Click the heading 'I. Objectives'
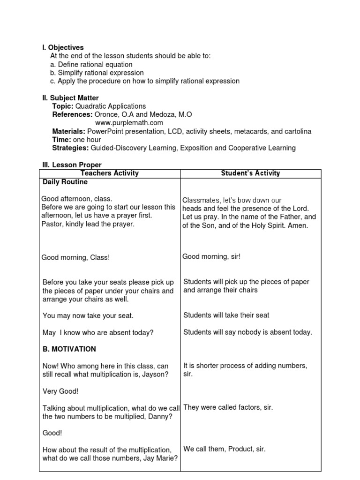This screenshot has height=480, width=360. coord(63,47)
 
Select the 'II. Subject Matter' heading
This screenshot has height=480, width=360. coord(70,98)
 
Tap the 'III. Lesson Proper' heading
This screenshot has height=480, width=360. coord(72,165)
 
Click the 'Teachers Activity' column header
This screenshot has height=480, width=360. coord(110,173)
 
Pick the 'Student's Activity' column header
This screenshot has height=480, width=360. coord(250,173)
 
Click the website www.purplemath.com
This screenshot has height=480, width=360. coord(129,123)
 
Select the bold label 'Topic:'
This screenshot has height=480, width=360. coord(63,106)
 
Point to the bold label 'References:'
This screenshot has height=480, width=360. coord(72,114)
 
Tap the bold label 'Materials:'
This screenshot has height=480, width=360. coord(68,131)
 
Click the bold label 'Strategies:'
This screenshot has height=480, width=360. coord(70,148)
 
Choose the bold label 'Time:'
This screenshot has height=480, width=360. coord(61,140)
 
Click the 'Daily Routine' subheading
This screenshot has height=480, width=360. coord(65,182)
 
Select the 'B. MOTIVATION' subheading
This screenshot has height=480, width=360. coord(69,349)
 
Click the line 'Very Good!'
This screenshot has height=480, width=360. coord(60,391)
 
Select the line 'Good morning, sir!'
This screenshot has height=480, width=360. coord(211,257)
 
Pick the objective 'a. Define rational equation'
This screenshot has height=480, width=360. coord(91,64)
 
